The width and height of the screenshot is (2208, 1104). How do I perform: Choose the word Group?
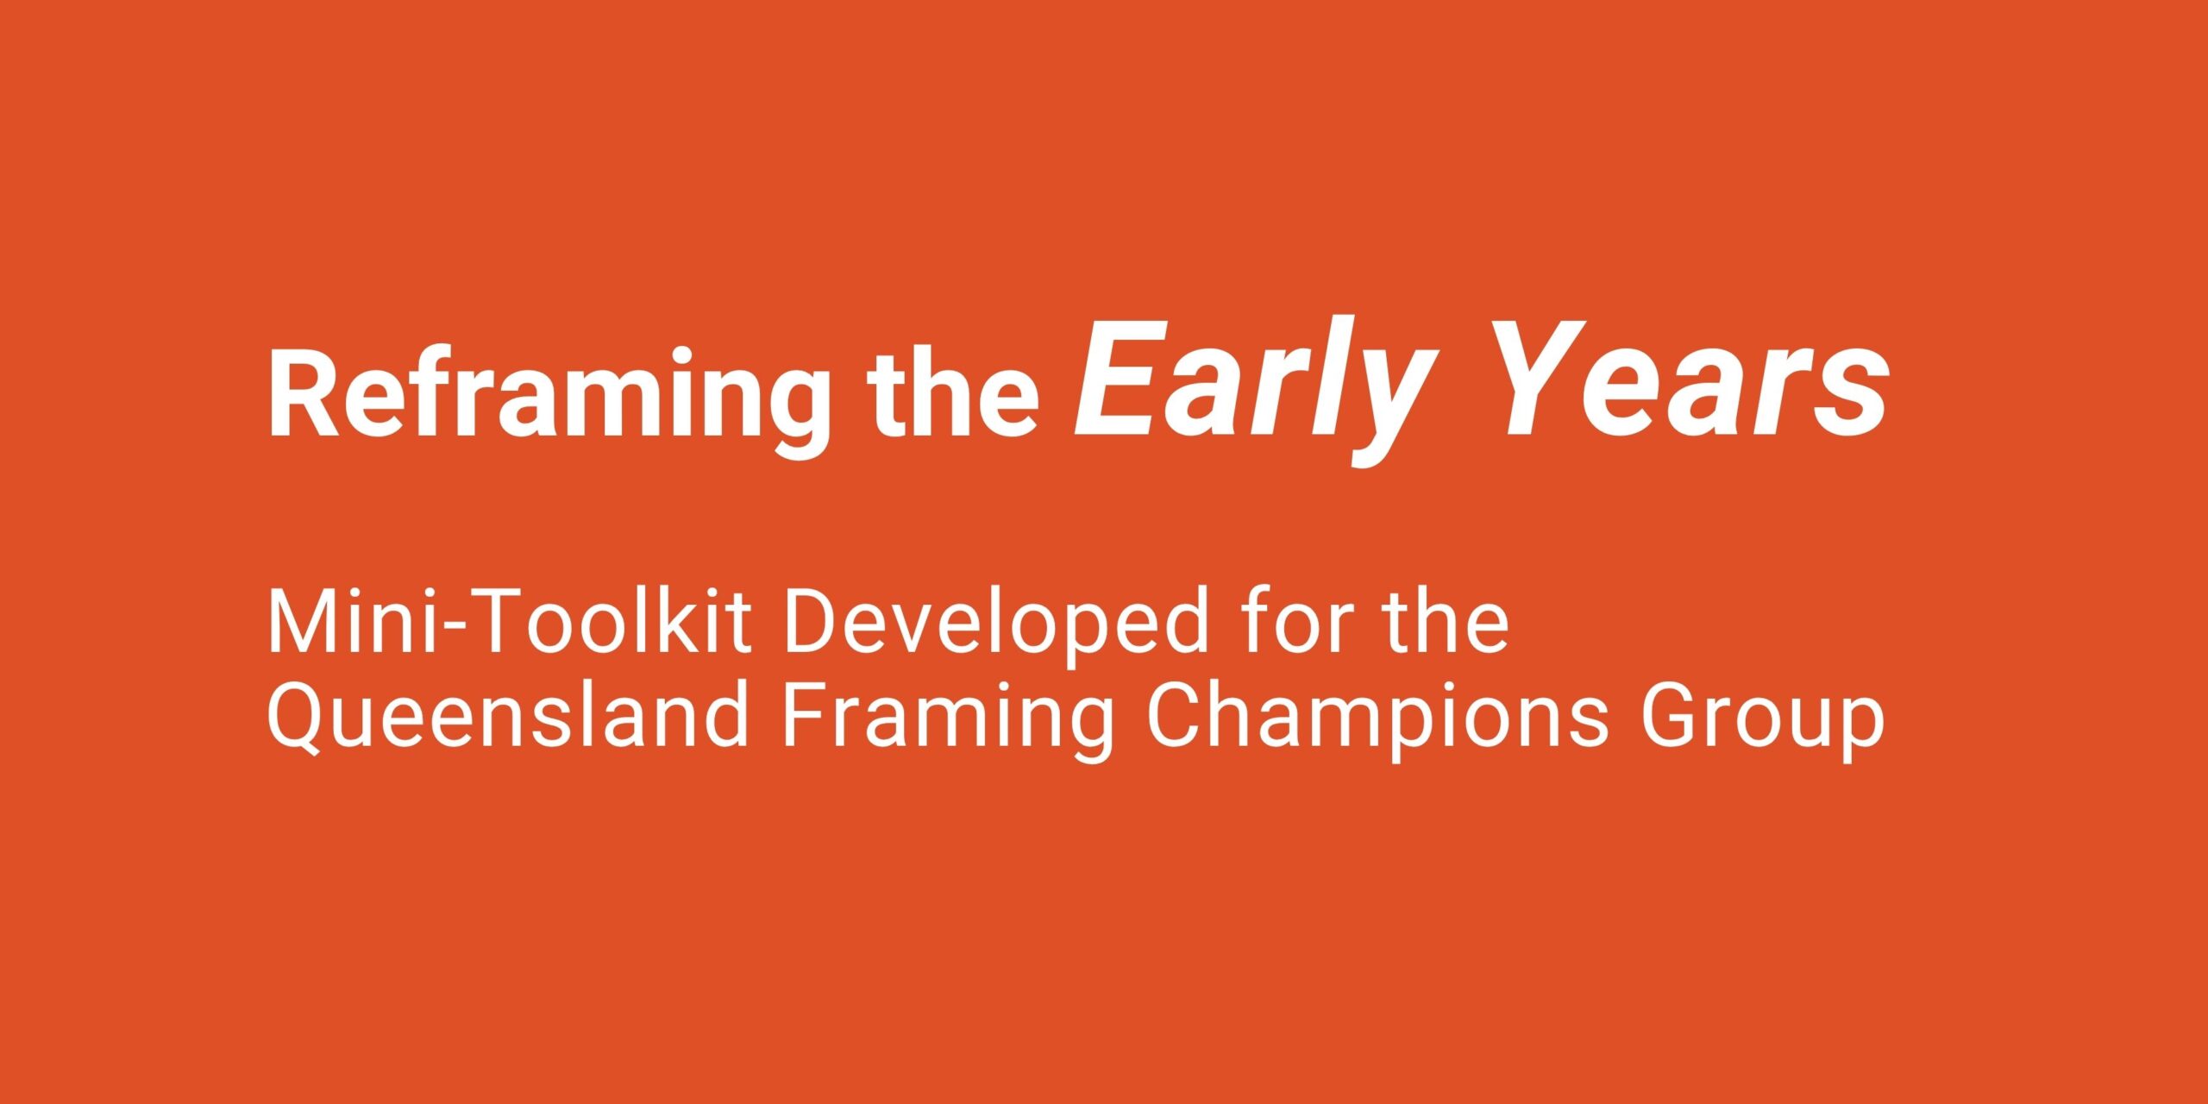pos(1762,723)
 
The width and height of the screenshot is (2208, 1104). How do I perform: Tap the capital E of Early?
pos(1119,379)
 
